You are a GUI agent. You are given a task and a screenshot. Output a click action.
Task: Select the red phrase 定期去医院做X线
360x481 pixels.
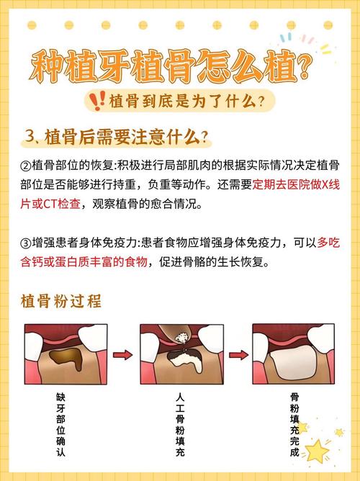pos(297,184)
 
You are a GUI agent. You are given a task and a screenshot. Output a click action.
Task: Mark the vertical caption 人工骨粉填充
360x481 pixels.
pos(181,425)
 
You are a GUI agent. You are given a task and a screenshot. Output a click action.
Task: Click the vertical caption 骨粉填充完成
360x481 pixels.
pos(294,425)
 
